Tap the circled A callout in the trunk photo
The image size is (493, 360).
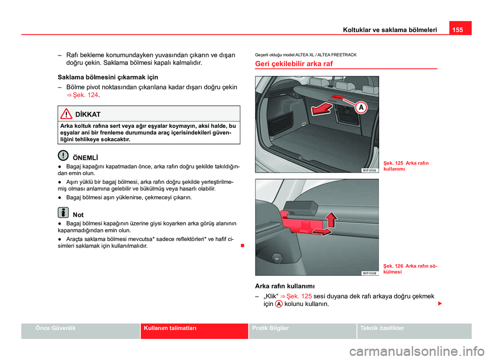(361, 107)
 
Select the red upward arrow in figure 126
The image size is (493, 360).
(332, 219)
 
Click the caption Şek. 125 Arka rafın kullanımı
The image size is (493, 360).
(408, 165)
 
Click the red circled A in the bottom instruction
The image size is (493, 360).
(278, 304)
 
